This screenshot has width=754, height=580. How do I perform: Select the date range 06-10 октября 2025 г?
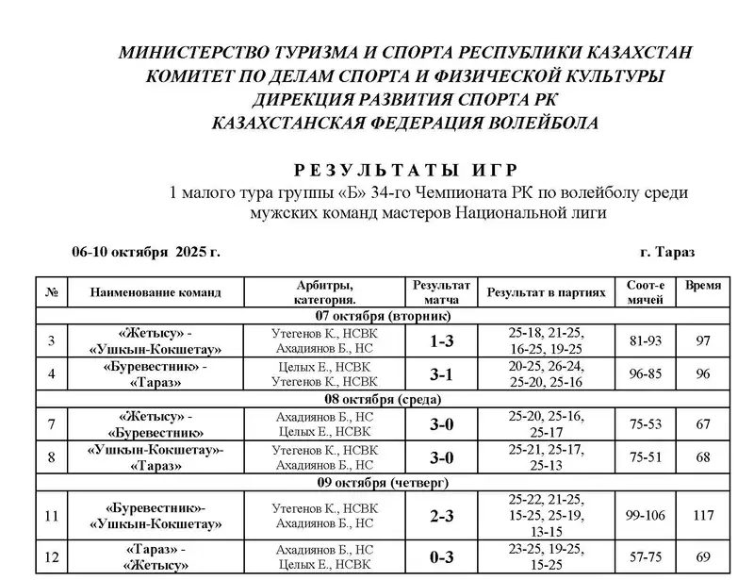pyautogui.click(x=145, y=253)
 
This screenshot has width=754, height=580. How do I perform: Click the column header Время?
pyautogui.click(x=703, y=286)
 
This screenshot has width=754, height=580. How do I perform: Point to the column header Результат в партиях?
pyautogui.click(x=546, y=292)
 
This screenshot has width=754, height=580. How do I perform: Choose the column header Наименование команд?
pyautogui.click(x=156, y=292)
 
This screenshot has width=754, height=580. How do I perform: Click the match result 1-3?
pyautogui.click(x=441, y=342)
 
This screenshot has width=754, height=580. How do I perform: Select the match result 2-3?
pyautogui.click(x=441, y=516)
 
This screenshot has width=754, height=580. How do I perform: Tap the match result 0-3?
pyautogui.click(x=441, y=556)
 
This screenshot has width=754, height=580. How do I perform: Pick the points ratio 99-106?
pyautogui.click(x=646, y=516)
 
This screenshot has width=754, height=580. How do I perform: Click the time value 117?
pyautogui.click(x=703, y=516)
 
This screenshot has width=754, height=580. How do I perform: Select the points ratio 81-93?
pyautogui.click(x=646, y=341)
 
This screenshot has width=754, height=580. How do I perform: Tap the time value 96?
pyautogui.click(x=703, y=373)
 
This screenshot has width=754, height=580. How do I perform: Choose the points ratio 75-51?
pyautogui.click(x=646, y=457)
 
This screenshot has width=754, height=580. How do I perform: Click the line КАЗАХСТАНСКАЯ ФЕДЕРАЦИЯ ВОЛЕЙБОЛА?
pyautogui.click(x=405, y=123)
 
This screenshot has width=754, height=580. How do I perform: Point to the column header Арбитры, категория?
pyautogui.click(x=325, y=291)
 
